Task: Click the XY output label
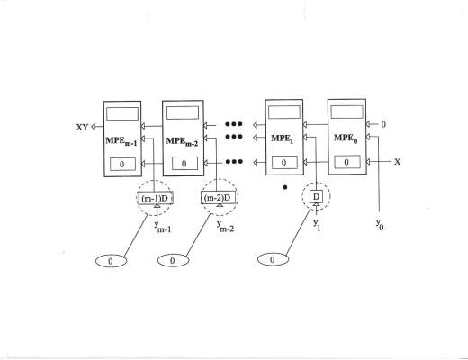[82, 127]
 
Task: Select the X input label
[397, 162]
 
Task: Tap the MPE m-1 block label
[121, 141]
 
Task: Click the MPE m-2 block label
[182, 141]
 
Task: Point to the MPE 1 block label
[282, 139]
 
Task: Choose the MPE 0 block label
[346, 139]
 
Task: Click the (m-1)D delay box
[156, 198]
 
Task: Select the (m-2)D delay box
[218, 197]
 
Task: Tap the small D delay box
[316, 197]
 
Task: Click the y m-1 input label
[163, 227]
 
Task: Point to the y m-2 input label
[225, 226]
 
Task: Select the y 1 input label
[317, 225]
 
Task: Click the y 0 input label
[380, 224]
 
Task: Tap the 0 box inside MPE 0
[347, 162]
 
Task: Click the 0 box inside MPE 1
[284, 163]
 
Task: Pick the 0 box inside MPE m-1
[122, 164]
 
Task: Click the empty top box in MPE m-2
[183, 113]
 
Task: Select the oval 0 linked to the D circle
[273, 259]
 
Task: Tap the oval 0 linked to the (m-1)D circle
[111, 261]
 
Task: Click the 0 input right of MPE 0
[383, 124]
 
